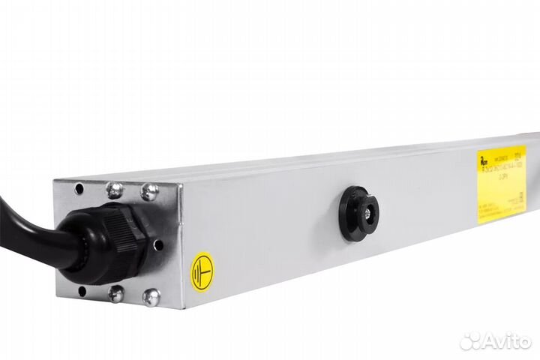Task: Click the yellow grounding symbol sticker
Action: [x=202, y=271]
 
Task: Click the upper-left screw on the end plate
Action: [x=114, y=190]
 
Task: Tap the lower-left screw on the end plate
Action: [x=115, y=293]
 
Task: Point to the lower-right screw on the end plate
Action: [x=151, y=298]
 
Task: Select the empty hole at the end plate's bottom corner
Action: [x=82, y=290]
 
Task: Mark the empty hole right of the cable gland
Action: [x=157, y=244]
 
